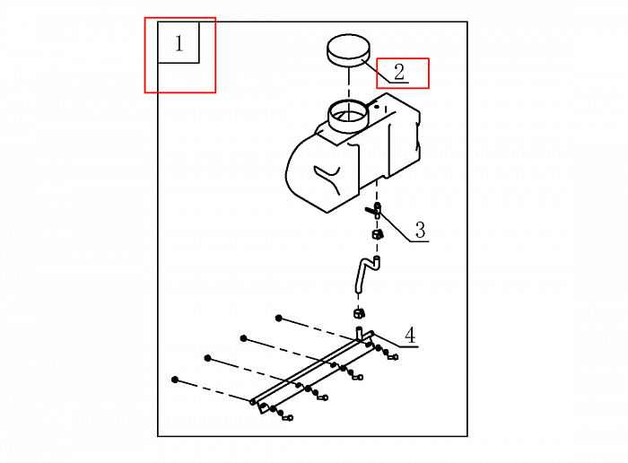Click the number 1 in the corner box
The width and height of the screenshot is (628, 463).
coord(179,43)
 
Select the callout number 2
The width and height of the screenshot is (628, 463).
coord(399,73)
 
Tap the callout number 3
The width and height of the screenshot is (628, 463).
coord(420,230)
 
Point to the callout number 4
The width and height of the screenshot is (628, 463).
coord(410,336)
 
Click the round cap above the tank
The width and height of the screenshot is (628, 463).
coord(348,49)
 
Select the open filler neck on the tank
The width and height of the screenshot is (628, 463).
coord(348,116)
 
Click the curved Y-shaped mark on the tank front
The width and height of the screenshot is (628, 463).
coord(328,179)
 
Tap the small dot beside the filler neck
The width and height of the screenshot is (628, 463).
coord(377,107)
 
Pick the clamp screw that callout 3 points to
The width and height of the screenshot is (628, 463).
coord(373,210)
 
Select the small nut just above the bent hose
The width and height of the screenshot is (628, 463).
coord(378,234)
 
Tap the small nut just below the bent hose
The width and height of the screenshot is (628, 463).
coord(359,313)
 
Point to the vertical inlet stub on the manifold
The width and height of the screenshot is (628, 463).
coord(359,333)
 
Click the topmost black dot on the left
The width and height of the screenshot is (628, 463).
coord(279,318)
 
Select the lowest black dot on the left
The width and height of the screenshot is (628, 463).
coord(175,380)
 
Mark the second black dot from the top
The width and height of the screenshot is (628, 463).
coord(243,338)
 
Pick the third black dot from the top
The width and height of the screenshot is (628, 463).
coord(207,358)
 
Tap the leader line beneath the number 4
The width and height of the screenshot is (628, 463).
coord(395,340)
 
